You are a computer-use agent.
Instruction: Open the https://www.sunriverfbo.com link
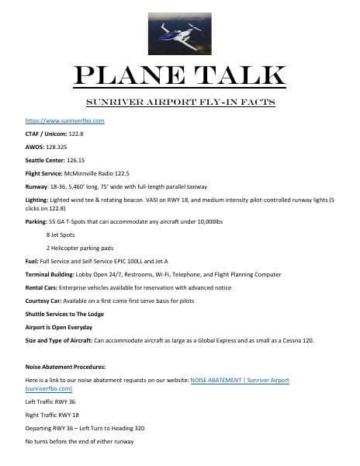click(x=65, y=121)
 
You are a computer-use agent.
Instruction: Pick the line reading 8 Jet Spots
click(x=63, y=233)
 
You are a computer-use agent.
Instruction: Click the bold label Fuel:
click(x=33, y=262)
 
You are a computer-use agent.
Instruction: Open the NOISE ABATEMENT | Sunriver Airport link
click(x=245, y=378)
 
